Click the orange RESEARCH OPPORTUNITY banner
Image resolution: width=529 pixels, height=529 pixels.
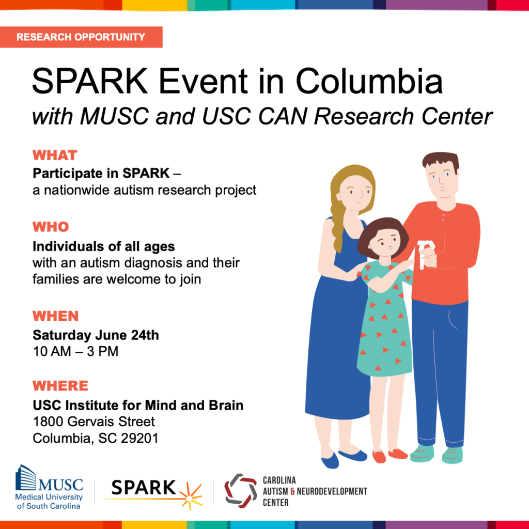point(81,37)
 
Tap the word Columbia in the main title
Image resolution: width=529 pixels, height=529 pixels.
point(369,82)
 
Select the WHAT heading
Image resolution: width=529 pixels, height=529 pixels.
point(55,155)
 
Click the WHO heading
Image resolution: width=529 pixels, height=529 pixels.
point(51,227)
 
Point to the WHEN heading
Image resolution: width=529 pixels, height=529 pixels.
point(56,316)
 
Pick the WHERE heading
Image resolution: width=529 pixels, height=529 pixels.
point(60,386)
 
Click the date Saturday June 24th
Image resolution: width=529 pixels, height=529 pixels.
point(96,335)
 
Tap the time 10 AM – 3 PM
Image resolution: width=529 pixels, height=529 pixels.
point(75,352)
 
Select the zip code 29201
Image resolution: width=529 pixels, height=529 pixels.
point(139,438)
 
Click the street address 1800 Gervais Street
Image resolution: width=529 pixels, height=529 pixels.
point(94,422)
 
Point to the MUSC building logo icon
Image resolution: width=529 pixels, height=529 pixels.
point(26,479)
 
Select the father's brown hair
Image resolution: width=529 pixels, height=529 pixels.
point(440,160)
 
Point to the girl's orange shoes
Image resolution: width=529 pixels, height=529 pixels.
point(388,455)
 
